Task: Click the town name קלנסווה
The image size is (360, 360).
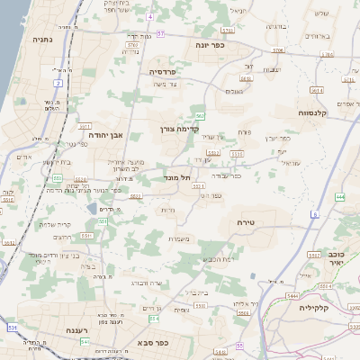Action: click(x=316, y=112)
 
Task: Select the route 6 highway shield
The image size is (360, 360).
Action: click(x=316, y=214)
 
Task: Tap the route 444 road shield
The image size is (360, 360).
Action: click(x=339, y=196)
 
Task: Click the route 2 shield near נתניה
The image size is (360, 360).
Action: click(x=58, y=83)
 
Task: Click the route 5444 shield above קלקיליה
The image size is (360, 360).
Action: click(x=292, y=294)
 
